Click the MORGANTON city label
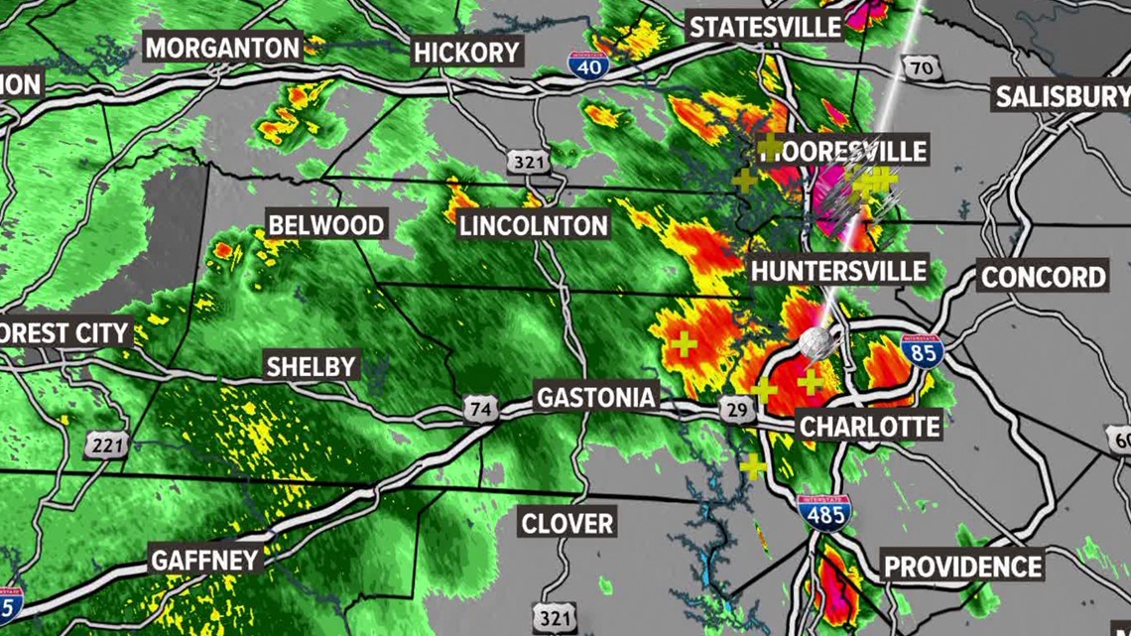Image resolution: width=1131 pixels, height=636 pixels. [x=222, y=47]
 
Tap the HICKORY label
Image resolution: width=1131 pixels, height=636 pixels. [x=465, y=52]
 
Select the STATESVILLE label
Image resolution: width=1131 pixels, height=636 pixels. [x=765, y=27]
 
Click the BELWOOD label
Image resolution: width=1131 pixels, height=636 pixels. [x=326, y=225]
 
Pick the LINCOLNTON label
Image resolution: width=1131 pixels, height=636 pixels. [x=533, y=225]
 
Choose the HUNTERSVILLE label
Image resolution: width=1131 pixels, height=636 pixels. [x=838, y=270]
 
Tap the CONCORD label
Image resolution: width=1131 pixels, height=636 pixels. [x=1043, y=276]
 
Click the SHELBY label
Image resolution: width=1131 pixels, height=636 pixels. [x=311, y=366]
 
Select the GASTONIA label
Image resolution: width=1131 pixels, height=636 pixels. [x=595, y=398]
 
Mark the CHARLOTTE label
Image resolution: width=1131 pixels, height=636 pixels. [x=869, y=427]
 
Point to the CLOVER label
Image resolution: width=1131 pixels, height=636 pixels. [x=567, y=522]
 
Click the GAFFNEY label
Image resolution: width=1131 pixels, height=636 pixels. [x=205, y=560]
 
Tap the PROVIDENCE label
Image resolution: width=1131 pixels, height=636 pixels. [x=962, y=567]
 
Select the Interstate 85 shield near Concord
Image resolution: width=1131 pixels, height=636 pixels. [x=922, y=351]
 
